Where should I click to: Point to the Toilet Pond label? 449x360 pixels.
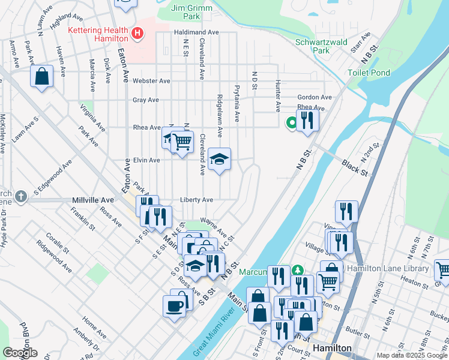click(x=369, y=73)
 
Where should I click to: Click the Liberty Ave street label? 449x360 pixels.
click(x=196, y=200)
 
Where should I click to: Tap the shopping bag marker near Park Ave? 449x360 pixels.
click(x=41, y=77)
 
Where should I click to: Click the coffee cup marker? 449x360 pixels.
click(x=175, y=306)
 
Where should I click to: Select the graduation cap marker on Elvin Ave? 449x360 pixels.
click(x=219, y=159)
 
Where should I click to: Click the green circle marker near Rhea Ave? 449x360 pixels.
click(x=292, y=123)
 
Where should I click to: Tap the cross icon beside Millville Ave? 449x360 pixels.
click(x=21, y=196)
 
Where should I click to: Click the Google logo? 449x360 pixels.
click(x=20, y=353)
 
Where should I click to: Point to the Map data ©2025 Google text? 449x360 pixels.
click(x=412, y=355)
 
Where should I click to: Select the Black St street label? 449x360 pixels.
click(x=355, y=167)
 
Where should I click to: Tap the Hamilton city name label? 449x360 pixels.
click(x=331, y=349)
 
